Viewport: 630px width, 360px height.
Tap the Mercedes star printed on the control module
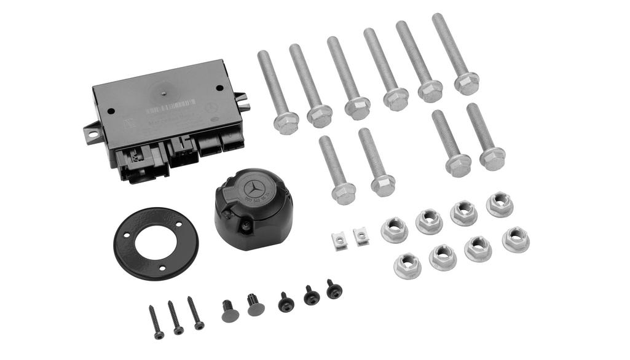click(x=211, y=108)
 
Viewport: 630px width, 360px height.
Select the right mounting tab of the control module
click(x=242, y=101)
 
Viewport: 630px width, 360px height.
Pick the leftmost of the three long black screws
click(x=155, y=321)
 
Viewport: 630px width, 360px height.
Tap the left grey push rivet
click(x=230, y=312)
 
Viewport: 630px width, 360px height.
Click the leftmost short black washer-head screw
click(x=286, y=302)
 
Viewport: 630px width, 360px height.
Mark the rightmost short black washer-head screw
click(x=334, y=289)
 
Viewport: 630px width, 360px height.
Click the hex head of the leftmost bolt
click(x=286, y=123)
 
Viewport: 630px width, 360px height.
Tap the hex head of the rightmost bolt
click(x=492, y=158)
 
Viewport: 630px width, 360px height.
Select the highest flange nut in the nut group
click(x=500, y=205)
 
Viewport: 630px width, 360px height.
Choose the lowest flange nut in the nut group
click(x=408, y=265)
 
